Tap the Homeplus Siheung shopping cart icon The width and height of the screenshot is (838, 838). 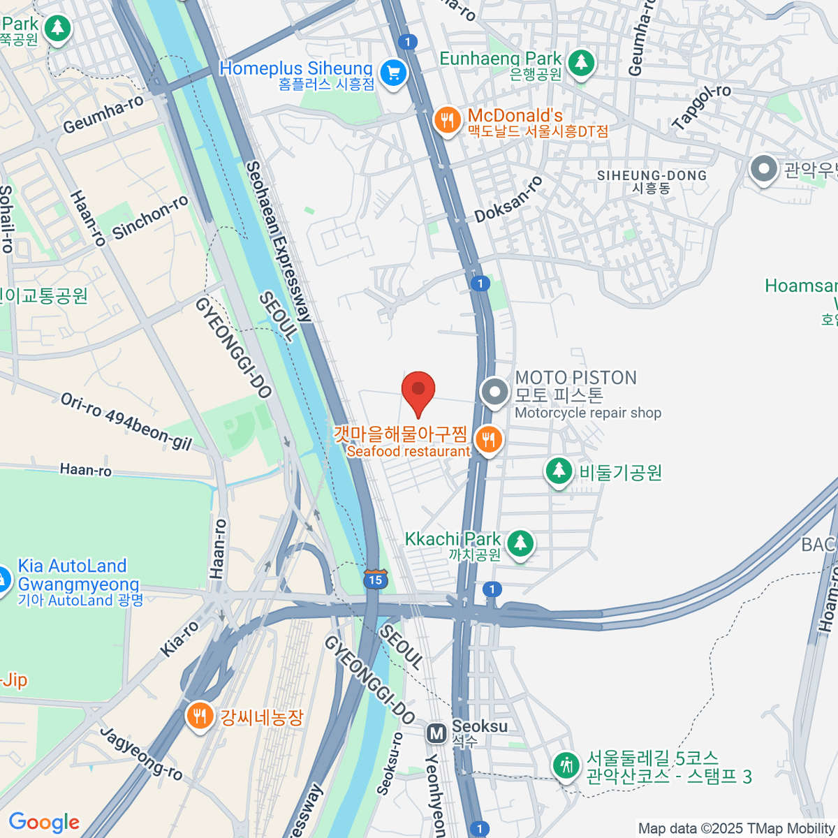point(393,72)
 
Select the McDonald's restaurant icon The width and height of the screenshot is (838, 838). point(446,120)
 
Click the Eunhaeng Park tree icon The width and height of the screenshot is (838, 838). point(580,63)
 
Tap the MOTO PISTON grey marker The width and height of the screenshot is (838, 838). point(495,392)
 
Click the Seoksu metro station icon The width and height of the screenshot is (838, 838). point(437,733)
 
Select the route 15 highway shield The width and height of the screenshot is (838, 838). point(375,579)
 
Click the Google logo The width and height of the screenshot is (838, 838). point(44,823)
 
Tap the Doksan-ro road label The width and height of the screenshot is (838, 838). point(508,200)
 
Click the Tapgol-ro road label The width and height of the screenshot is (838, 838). point(701,107)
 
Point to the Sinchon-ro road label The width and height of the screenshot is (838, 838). point(150,217)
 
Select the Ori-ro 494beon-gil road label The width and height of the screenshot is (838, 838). point(126,422)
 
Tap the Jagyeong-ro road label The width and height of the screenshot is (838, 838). point(140,754)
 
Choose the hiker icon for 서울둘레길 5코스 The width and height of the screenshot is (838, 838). point(566,765)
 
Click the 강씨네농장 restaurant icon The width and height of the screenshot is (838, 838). point(200,716)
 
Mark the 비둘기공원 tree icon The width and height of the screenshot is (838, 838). point(559,471)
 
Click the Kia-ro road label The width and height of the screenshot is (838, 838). point(179,639)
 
